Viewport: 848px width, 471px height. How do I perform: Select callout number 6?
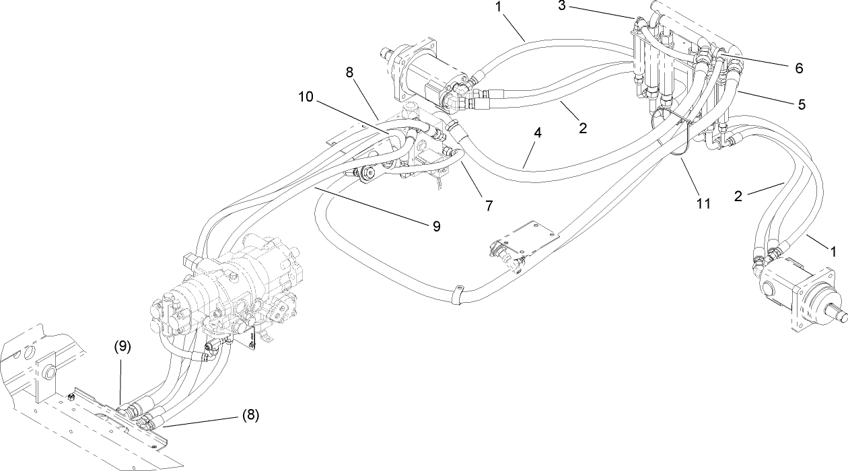(798, 68)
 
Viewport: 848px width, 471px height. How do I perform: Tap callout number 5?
(801, 104)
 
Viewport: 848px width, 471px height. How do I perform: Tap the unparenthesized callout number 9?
(436, 227)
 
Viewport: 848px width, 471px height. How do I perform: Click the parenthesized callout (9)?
(121, 347)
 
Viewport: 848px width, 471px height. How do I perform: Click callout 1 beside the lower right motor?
(833, 251)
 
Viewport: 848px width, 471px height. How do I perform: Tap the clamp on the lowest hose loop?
(459, 295)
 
